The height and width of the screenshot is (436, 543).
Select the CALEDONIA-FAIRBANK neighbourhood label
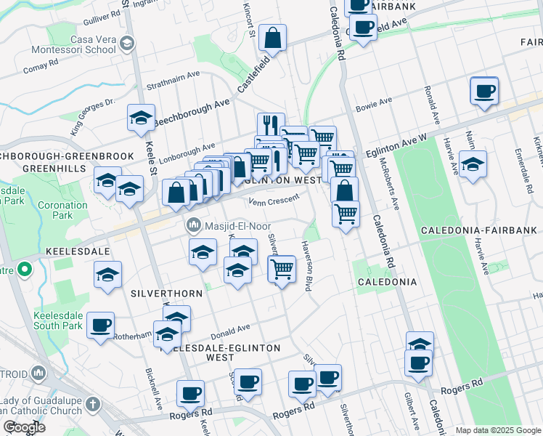point(478,230)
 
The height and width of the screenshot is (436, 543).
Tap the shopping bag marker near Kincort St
point(272,39)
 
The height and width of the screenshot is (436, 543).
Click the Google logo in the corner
point(23,427)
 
